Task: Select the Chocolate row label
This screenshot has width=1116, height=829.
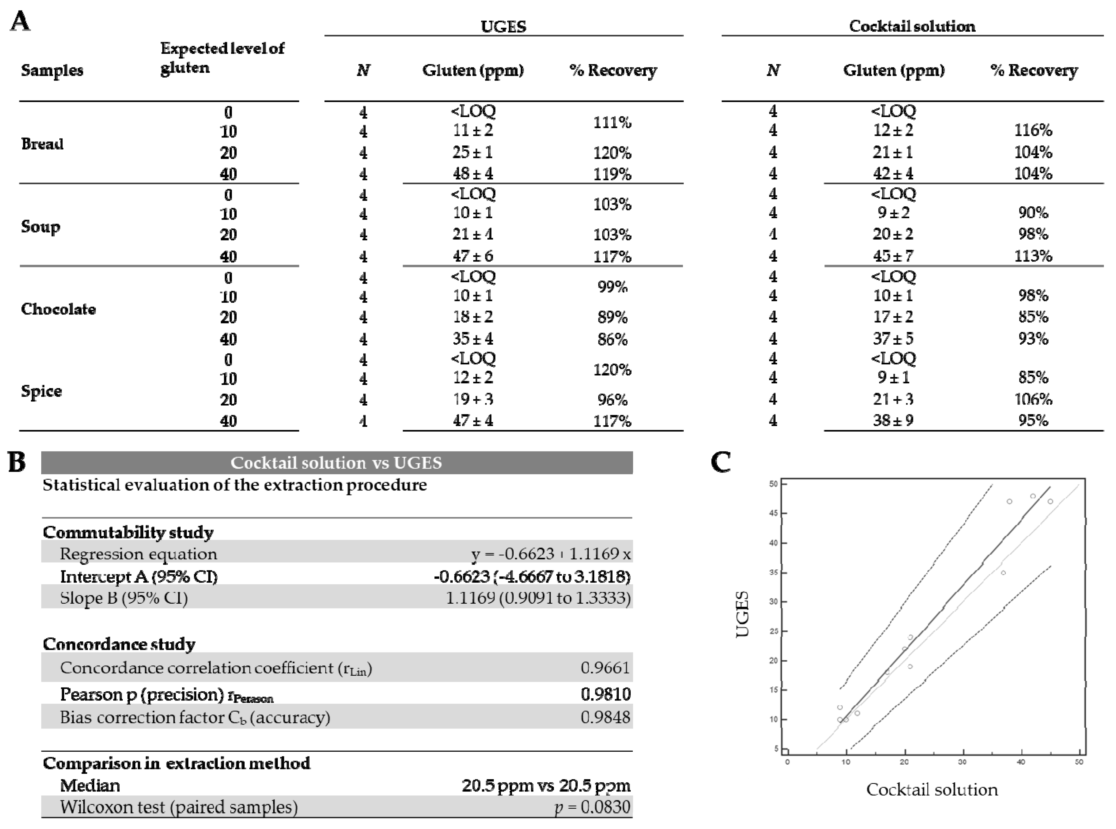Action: click(58, 309)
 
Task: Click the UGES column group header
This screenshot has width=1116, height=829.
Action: click(503, 26)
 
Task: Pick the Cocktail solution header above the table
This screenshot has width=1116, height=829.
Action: click(912, 26)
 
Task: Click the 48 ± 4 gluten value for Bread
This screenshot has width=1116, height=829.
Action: click(473, 174)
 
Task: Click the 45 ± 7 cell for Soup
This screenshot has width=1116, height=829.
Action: click(893, 256)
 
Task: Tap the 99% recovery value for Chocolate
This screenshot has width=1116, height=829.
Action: click(612, 287)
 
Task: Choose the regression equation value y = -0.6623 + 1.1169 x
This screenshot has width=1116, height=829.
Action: click(550, 554)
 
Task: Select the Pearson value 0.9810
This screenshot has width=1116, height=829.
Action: click(605, 694)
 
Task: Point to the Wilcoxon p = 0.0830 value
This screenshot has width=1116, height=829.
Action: click(592, 807)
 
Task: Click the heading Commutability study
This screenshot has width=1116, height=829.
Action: click(128, 532)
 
